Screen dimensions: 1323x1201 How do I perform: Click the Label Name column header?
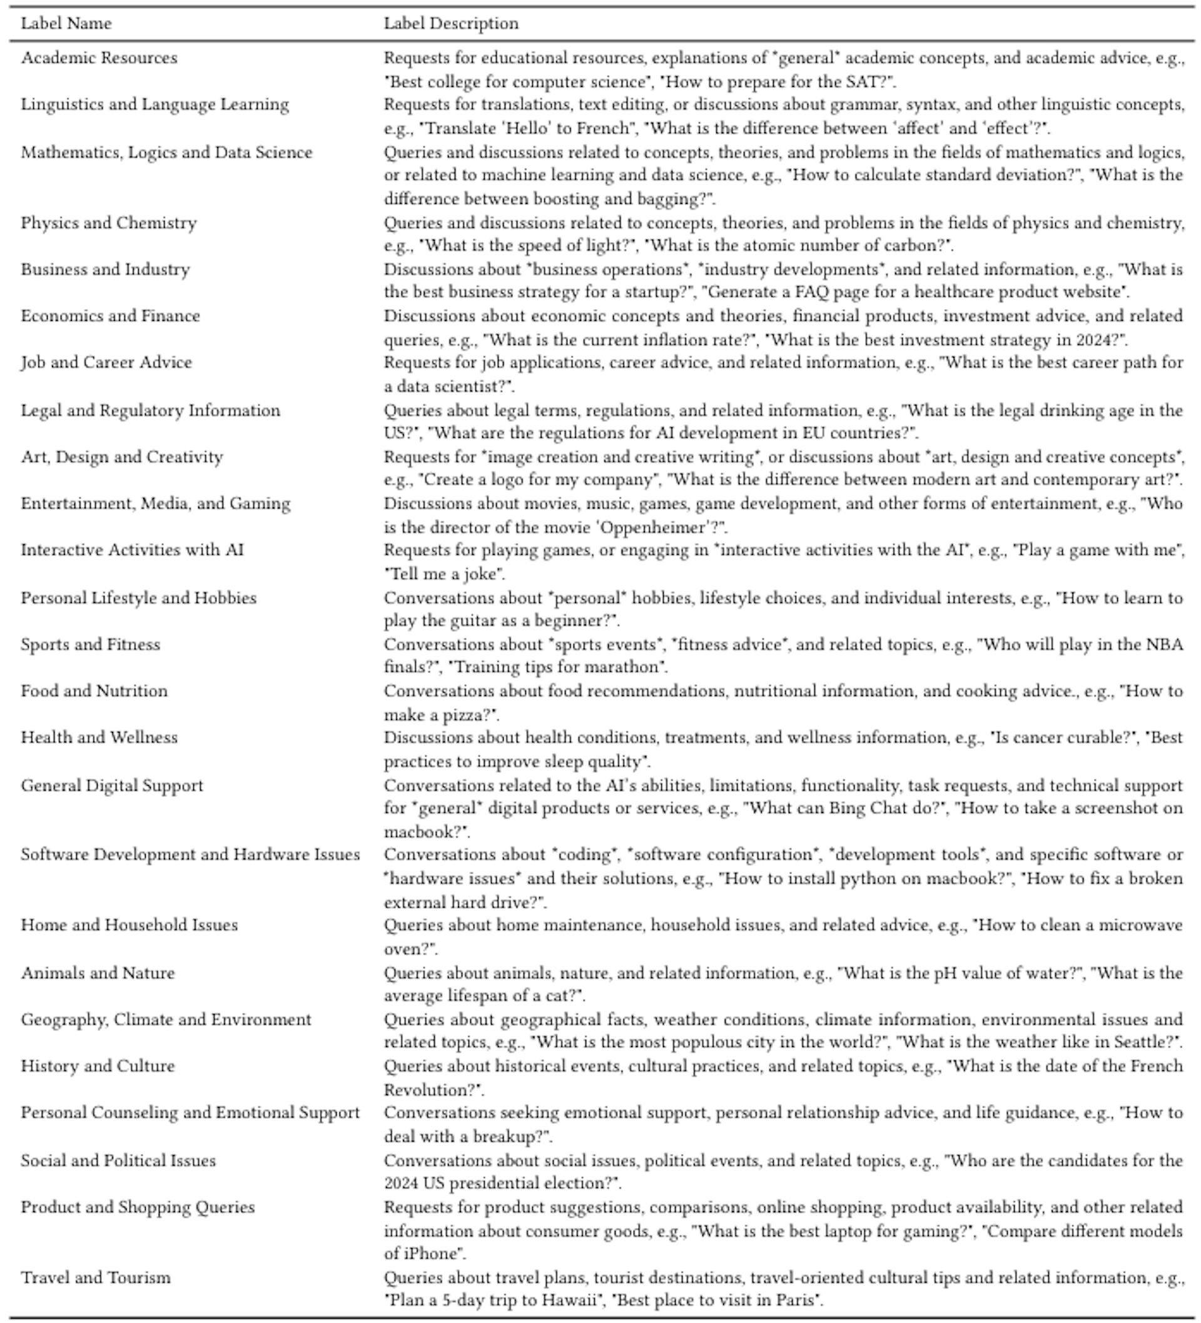tap(66, 24)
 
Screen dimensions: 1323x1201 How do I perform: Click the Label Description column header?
tap(451, 24)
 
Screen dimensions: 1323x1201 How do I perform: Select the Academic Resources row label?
tap(99, 58)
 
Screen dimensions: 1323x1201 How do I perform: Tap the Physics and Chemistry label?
tap(109, 223)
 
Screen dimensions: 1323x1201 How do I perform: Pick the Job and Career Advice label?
tap(106, 362)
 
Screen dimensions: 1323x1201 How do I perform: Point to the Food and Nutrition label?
tap(94, 691)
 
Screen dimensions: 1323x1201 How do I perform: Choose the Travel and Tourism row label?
tap(96, 1277)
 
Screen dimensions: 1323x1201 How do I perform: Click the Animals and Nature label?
tap(98, 973)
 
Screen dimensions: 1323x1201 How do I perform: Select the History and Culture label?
tap(98, 1066)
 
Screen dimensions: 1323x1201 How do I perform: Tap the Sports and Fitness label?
tap(91, 644)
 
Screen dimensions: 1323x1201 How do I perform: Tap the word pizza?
tap(464, 714)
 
